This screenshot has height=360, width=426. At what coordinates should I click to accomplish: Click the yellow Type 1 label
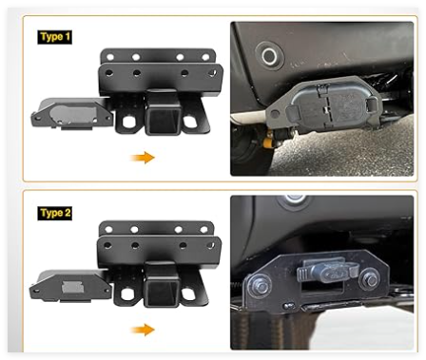click(x=54, y=37)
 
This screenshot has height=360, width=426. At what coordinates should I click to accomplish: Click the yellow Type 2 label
click(x=54, y=213)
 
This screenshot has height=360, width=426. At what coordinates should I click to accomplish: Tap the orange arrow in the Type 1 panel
click(x=143, y=157)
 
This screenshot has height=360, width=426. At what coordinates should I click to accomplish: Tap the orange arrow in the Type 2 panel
click(x=143, y=330)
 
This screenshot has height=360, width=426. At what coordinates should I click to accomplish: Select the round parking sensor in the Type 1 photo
click(x=269, y=56)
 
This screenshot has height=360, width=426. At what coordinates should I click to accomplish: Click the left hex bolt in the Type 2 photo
click(x=261, y=287)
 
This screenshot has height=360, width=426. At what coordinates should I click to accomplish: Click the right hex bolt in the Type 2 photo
click(x=370, y=280)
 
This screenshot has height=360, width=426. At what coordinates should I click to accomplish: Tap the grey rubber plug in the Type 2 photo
click(x=326, y=271)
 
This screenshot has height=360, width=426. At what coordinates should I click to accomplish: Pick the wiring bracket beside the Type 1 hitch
click(x=72, y=114)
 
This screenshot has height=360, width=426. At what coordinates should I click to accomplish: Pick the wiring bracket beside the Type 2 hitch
click(x=71, y=286)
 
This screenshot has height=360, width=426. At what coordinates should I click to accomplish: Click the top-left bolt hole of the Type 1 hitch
click(x=110, y=57)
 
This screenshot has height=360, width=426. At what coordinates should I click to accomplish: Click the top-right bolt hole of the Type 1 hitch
click(x=205, y=57)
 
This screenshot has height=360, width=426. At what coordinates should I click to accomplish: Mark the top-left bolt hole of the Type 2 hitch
click(x=109, y=229)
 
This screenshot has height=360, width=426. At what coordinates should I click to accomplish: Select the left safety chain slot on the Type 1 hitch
click(x=128, y=122)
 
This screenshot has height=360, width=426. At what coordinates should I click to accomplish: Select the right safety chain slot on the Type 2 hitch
click(x=189, y=294)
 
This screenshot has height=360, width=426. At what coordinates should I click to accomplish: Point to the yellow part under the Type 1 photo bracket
click(x=268, y=142)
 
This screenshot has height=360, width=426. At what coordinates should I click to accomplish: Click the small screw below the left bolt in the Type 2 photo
click(x=288, y=306)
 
